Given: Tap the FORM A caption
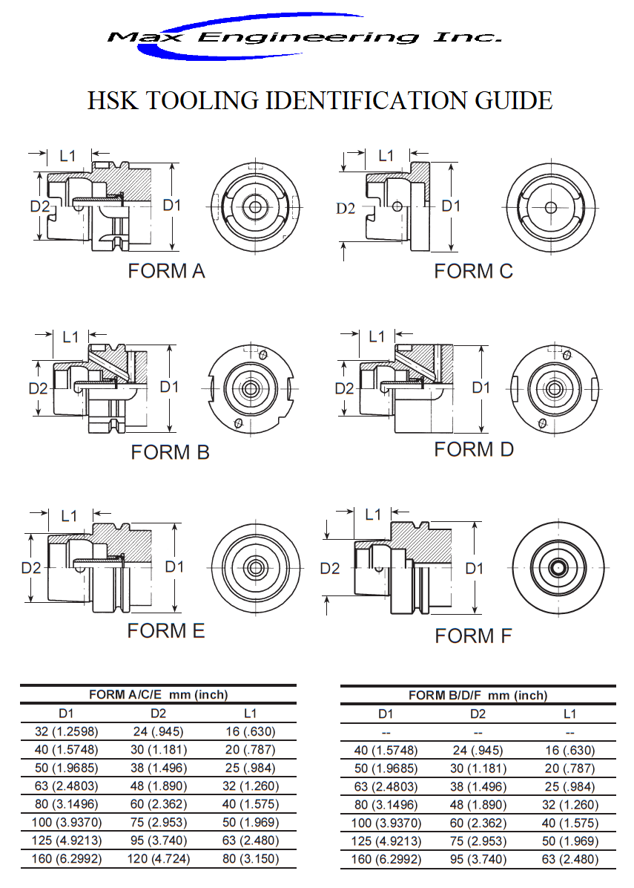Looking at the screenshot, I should (x=166, y=271).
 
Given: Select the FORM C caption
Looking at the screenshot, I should (x=473, y=272).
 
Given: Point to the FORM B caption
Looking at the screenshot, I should (x=170, y=452).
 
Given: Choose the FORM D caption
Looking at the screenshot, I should (x=474, y=450).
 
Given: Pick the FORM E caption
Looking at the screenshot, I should (x=166, y=631).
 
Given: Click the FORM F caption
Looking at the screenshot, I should (x=473, y=636).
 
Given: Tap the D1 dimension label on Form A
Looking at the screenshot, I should (x=172, y=205).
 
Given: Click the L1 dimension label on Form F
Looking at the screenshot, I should (x=373, y=515).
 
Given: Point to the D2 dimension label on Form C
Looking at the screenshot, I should (x=346, y=209).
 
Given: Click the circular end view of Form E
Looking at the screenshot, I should (x=255, y=567).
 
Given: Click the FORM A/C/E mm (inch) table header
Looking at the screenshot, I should (x=158, y=695).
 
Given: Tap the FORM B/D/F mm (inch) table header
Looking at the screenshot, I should (x=478, y=696).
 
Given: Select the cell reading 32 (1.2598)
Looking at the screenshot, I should (x=66, y=732).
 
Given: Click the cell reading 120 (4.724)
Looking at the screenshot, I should (x=158, y=859).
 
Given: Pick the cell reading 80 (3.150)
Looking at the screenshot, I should (x=250, y=859).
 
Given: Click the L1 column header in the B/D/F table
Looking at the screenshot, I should (x=569, y=714).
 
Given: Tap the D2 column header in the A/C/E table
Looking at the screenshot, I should (x=158, y=714).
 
